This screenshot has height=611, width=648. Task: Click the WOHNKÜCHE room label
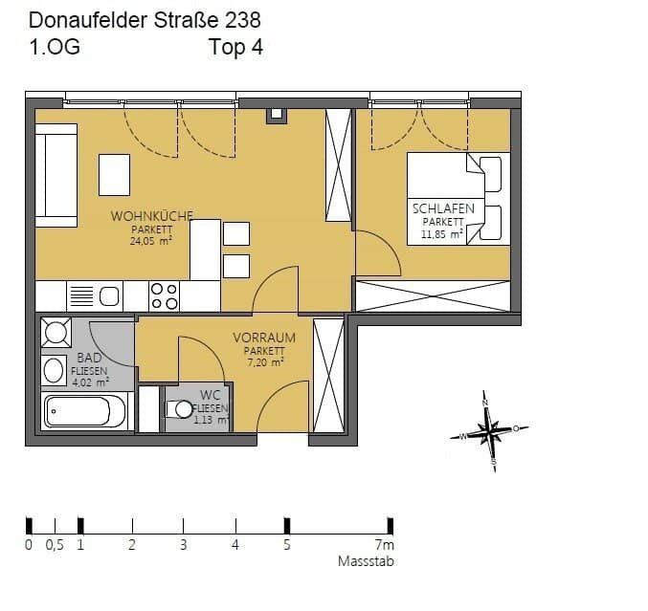tap(152, 215)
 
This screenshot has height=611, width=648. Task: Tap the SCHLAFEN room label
tap(443, 208)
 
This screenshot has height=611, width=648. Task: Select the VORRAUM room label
tap(264, 338)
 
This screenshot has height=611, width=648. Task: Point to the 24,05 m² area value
tap(151, 242)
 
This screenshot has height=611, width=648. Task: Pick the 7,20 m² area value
tap(264, 362)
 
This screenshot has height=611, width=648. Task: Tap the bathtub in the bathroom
tap(85, 412)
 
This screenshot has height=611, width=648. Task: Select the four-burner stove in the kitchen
tap(165, 295)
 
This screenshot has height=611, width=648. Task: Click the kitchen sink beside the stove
tap(108, 296)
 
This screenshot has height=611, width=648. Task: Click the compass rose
tap(491, 432)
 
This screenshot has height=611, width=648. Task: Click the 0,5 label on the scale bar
tap(55, 546)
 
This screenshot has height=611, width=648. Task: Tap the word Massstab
tap(365, 562)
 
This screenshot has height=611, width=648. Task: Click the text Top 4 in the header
tap(235, 48)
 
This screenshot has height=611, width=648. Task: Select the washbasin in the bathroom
tap(54, 369)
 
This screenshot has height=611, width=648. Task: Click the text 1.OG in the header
tap(55, 48)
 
